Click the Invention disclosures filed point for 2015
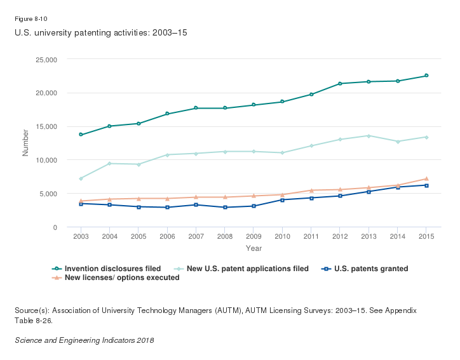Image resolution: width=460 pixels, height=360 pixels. click(426, 76)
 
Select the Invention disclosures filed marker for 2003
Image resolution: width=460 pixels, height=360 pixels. click(81, 135)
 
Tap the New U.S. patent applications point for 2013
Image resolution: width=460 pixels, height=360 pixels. click(369, 136)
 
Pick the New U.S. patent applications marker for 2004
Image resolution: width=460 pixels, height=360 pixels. click(109, 164)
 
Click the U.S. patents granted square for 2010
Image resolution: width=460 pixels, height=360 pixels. click(282, 200)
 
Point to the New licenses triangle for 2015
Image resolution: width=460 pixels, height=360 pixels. click(426, 178)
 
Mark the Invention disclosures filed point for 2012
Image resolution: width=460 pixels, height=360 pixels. click(340, 84)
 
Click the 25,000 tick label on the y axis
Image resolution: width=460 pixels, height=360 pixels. click(46, 60)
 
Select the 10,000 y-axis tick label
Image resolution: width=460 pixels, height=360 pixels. click(46, 160)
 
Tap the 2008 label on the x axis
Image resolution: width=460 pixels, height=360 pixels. click(225, 236)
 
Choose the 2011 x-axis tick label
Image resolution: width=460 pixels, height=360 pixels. click(311, 236)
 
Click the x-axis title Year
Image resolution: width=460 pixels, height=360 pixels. click(254, 248)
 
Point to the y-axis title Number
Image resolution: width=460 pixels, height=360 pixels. click(26, 143)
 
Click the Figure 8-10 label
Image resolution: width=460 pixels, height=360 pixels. click(27, 19)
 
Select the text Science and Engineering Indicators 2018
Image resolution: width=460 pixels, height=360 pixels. click(84, 340)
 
